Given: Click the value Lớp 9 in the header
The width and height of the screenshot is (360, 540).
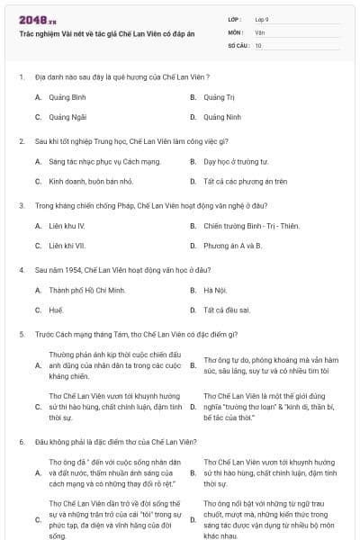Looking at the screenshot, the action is click(262, 19).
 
